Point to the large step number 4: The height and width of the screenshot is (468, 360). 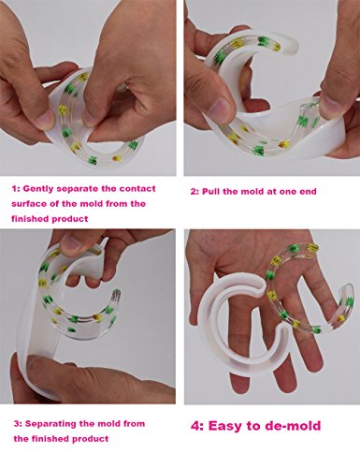(197, 426)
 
